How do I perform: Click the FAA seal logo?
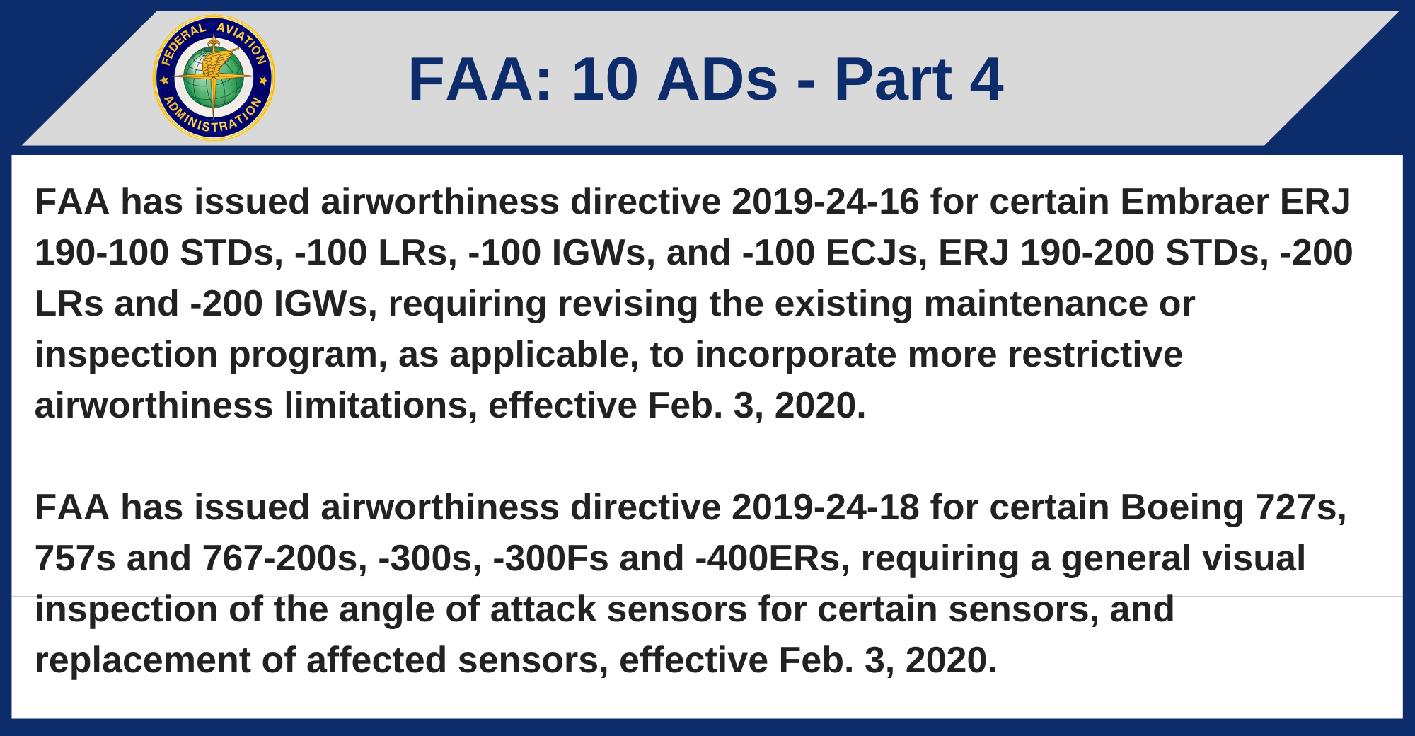point(214,78)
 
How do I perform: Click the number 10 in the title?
point(604,79)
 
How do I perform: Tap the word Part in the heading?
point(893,79)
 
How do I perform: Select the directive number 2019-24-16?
point(825,202)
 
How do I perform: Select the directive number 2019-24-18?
point(825,507)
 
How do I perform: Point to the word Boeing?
point(1182,507)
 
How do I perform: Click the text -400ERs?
point(772,558)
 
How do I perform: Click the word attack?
point(543,609)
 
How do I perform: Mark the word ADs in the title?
point(717,79)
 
